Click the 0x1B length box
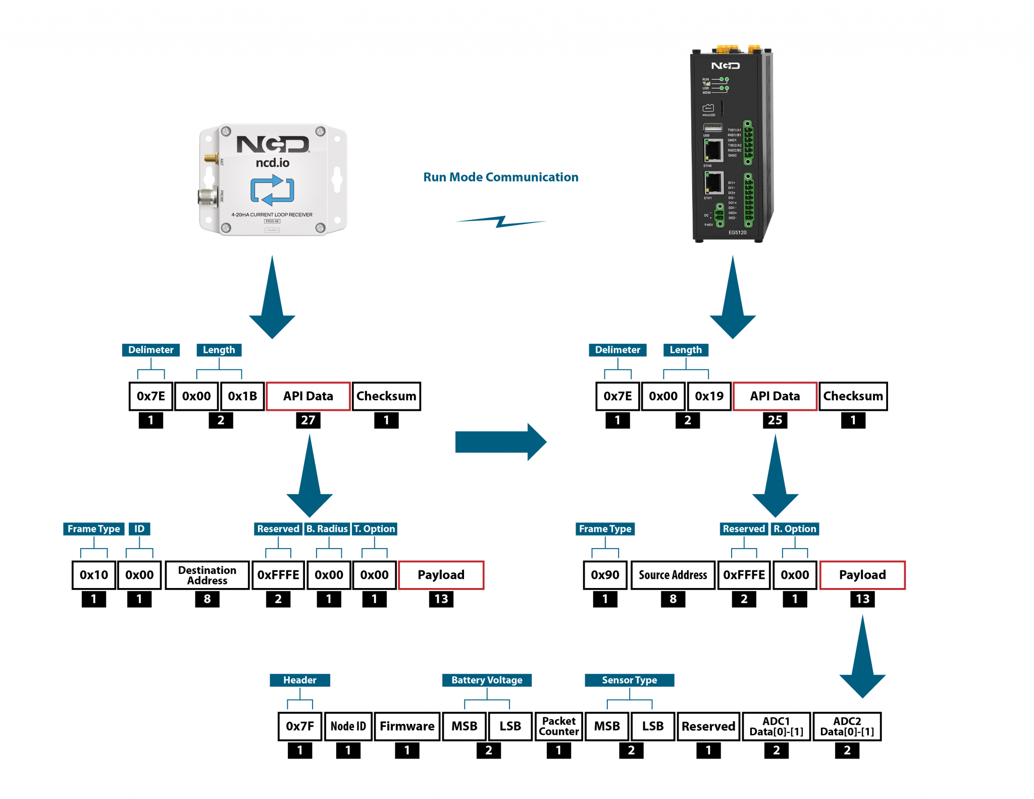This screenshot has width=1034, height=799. pyautogui.click(x=242, y=396)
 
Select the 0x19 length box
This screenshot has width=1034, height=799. pyautogui.click(x=709, y=396)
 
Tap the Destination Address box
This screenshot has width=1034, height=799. pyautogui.click(x=207, y=575)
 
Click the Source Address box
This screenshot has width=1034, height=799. pyautogui.click(x=673, y=575)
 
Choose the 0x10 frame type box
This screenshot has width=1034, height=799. pyautogui.click(x=94, y=575)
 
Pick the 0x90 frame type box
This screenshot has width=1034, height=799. pyautogui.click(x=605, y=575)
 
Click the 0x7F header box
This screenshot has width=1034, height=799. pyautogui.click(x=300, y=726)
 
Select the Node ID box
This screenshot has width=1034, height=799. pyautogui.click(x=348, y=726)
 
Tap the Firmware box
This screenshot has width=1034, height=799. pyautogui.click(x=407, y=726)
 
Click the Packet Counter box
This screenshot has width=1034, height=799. pyautogui.click(x=558, y=726)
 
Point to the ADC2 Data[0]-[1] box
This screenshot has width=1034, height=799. pyautogui.click(x=847, y=726)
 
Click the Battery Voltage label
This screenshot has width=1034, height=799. pyautogui.click(x=487, y=680)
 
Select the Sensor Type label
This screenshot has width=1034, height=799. pyautogui.click(x=629, y=680)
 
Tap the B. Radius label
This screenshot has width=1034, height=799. pyautogui.click(x=327, y=528)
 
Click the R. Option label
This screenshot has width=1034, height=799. pyautogui.click(x=795, y=528)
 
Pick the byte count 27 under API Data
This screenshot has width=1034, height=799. pyautogui.click(x=308, y=420)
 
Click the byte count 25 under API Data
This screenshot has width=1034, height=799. pyautogui.click(x=774, y=420)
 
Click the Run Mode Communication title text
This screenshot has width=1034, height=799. pyautogui.click(x=500, y=177)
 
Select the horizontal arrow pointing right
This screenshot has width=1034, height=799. pyautogui.click(x=500, y=442)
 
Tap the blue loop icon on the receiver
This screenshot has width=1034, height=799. pyautogui.click(x=272, y=190)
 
